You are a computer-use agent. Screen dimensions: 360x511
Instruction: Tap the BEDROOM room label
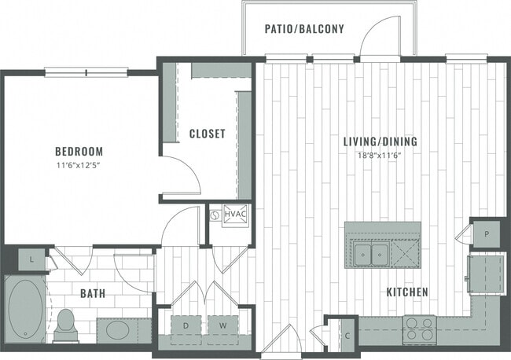click(x=79, y=151)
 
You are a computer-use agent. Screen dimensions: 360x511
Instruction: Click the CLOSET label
click(x=208, y=134)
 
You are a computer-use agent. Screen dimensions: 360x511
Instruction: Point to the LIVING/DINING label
click(x=380, y=142)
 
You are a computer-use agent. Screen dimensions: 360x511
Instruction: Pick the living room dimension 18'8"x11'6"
click(x=380, y=155)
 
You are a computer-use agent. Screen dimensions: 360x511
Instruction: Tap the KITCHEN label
click(x=406, y=292)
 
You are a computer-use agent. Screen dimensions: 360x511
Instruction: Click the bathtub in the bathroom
click(x=27, y=310)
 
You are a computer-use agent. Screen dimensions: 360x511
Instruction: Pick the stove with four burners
click(x=419, y=329)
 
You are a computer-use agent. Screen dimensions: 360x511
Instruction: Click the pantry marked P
click(x=487, y=233)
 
